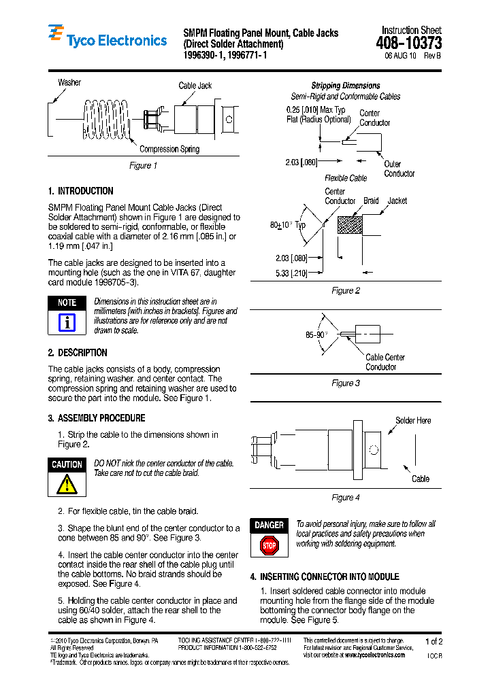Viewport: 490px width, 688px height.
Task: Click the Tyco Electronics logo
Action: (x=107, y=39)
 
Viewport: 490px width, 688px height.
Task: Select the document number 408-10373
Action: (x=408, y=44)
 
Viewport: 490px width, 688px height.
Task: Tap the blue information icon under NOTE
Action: (x=67, y=322)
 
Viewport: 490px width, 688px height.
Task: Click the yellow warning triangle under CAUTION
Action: (x=67, y=483)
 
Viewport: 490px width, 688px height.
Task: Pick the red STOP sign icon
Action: (x=269, y=545)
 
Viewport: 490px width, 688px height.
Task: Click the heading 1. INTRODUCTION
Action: (x=81, y=191)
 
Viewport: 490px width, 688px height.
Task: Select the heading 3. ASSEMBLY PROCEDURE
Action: (x=97, y=418)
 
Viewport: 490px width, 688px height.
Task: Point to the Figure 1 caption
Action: (x=144, y=166)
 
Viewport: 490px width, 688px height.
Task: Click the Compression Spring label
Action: (x=169, y=150)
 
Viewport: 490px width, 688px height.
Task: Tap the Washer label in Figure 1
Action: (x=69, y=83)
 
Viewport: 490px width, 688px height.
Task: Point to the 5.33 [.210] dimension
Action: (x=291, y=273)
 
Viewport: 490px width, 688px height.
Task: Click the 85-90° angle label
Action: (x=316, y=335)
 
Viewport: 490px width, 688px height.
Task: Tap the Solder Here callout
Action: (x=413, y=421)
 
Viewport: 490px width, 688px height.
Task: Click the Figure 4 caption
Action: (x=345, y=498)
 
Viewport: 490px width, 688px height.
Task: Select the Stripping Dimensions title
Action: (x=346, y=86)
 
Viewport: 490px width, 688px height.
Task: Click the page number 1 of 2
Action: (x=433, y=641)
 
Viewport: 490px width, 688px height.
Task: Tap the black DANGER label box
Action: (x=269, y=526)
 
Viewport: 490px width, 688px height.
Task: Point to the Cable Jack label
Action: (x=195, y=86)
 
